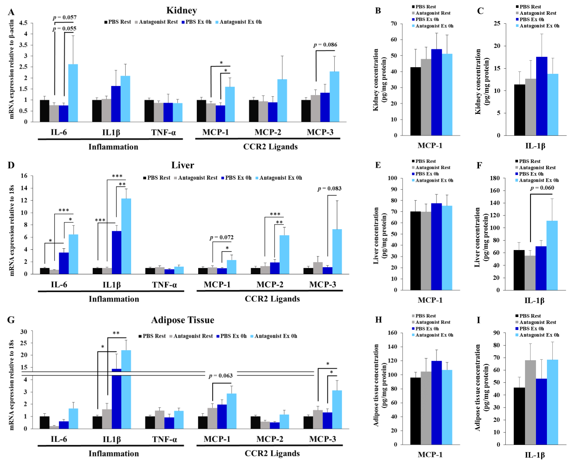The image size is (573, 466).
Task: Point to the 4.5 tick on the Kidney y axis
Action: (x=23, y=23)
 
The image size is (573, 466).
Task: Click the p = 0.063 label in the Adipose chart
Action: (x=220, y=376)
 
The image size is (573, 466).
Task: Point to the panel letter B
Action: (x=378, y=11)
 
